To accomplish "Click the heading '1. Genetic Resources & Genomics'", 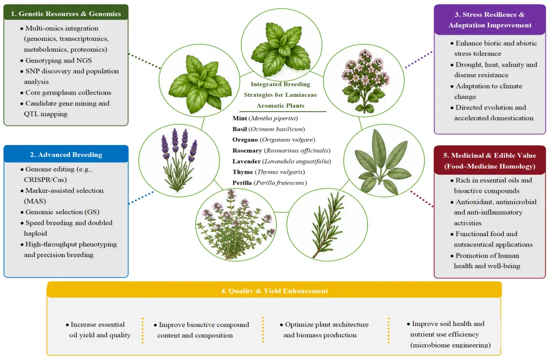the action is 66,14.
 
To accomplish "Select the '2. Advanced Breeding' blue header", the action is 66,155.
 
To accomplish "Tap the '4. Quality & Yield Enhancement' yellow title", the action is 274,291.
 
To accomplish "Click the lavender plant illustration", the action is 179,160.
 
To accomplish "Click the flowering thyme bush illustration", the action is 235,225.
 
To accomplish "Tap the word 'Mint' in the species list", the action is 240,118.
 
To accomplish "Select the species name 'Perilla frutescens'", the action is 281,183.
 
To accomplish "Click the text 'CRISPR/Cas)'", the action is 45,179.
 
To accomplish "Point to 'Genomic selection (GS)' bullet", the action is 60,212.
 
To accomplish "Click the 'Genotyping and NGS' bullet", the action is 56,61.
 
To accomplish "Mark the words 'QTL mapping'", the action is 46,114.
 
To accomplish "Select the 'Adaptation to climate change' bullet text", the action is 487,91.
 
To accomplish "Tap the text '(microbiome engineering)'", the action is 450,345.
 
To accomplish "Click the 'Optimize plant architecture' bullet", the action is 324,325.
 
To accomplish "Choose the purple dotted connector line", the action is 418,59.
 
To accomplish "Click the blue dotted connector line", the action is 141,198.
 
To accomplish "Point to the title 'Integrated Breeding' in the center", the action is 280,84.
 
